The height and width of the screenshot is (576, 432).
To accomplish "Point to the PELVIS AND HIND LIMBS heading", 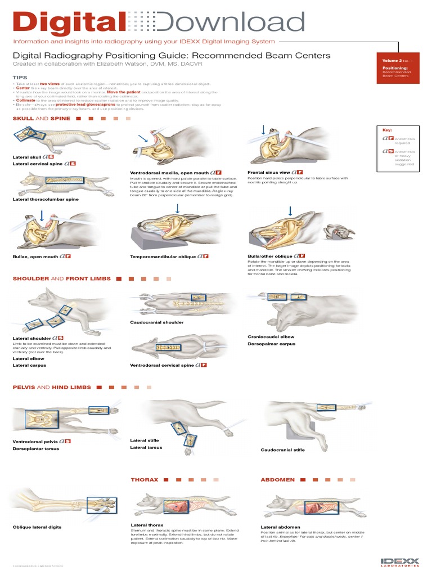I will (48, 387).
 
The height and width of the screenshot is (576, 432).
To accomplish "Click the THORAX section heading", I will (144, 480).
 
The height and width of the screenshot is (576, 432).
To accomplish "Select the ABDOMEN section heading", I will (278, 480).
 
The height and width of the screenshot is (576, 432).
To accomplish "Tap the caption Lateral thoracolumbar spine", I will (46, 199).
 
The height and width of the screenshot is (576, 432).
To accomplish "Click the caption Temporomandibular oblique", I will (163, 256).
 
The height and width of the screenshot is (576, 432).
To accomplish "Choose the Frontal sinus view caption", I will (269, 172).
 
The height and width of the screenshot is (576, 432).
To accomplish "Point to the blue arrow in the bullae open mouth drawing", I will (41, 215).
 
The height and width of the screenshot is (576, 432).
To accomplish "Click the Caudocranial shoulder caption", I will (156, 322).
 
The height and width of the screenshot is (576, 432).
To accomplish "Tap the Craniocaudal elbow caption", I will (271, 336).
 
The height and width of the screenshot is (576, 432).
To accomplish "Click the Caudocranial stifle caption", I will (282, 449).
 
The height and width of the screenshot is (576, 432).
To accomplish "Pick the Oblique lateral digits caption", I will (37, 527).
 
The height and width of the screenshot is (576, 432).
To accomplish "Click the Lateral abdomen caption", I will (281, 527).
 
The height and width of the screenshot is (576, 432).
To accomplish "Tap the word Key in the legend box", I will (387, 129).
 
